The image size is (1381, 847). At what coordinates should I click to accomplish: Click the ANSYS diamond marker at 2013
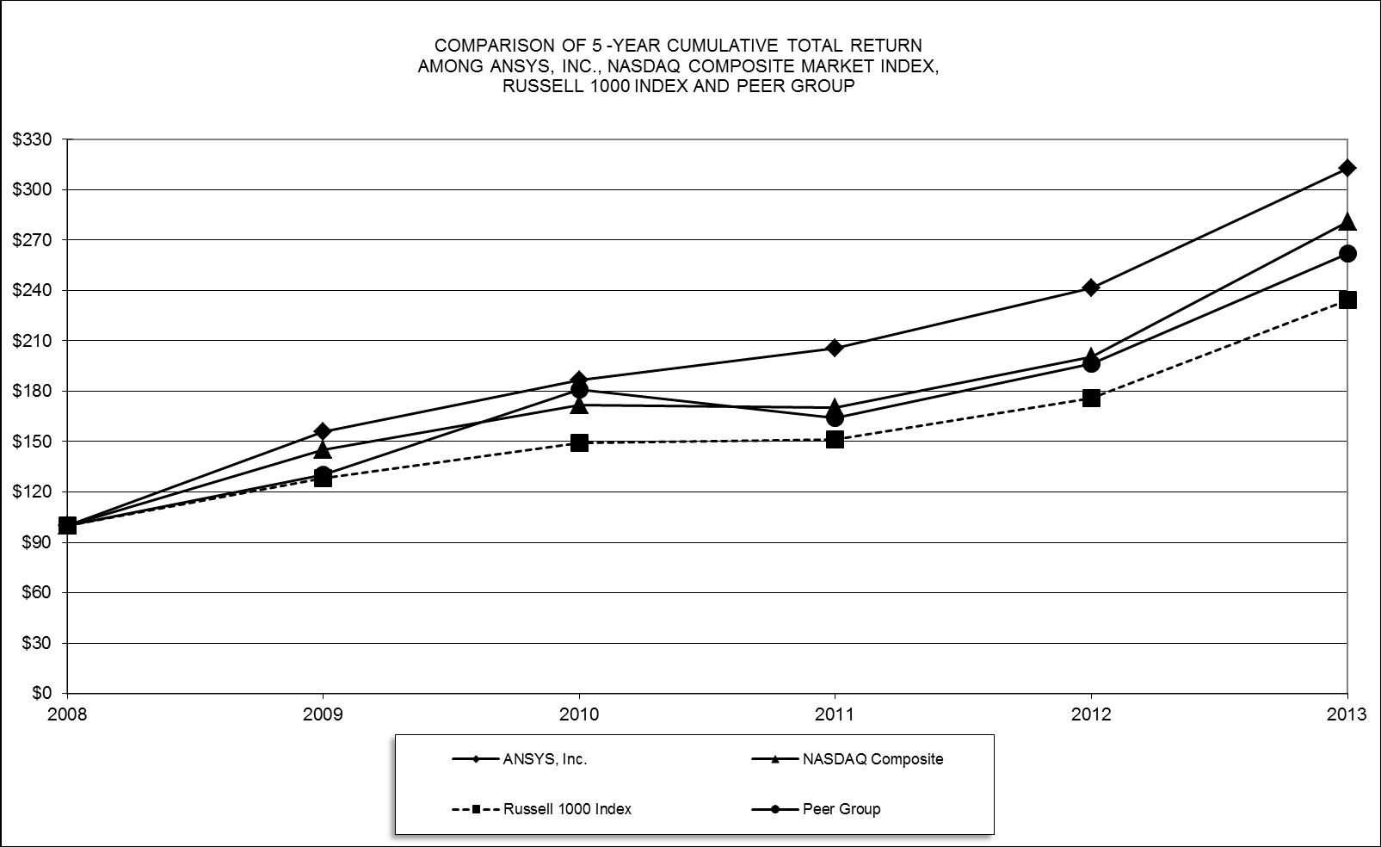(1347, 168)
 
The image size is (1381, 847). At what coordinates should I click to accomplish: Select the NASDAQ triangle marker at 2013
(1347, 222)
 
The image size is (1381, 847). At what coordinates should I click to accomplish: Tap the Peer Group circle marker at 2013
(1347, 253)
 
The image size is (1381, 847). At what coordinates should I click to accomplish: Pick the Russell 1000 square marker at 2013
(1347, 300)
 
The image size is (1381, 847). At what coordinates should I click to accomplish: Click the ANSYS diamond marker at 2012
(1091, 287)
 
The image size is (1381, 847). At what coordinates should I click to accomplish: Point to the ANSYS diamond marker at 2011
(835, 348)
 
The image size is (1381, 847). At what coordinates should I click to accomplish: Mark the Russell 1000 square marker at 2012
(1091, 398)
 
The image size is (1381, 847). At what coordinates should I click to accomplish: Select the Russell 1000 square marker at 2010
(579, 442)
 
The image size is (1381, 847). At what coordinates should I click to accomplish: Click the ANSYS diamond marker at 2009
(323, 431)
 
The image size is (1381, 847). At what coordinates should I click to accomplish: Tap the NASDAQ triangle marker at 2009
(323, 449)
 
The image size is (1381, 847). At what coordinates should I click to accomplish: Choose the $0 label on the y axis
(42, 693)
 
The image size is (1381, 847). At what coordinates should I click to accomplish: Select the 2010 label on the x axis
(579, 714)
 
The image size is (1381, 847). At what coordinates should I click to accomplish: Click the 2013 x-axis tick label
(1347, 714)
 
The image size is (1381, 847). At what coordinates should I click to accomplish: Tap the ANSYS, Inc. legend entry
(545, 759)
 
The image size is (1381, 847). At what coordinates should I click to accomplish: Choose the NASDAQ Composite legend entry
(872, 759)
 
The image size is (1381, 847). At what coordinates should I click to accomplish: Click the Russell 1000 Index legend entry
(567, 809)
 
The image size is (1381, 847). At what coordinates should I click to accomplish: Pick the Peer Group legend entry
(841, 809)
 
